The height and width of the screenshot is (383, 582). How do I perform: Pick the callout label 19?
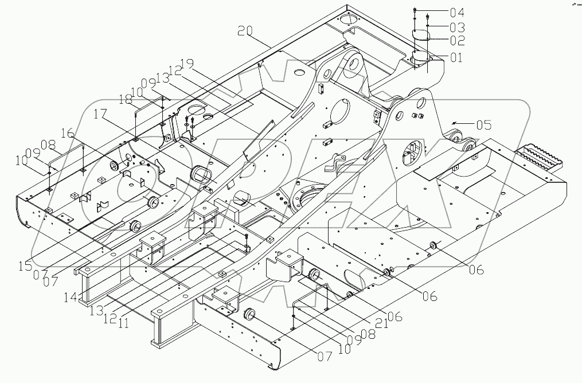click(188, 62)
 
